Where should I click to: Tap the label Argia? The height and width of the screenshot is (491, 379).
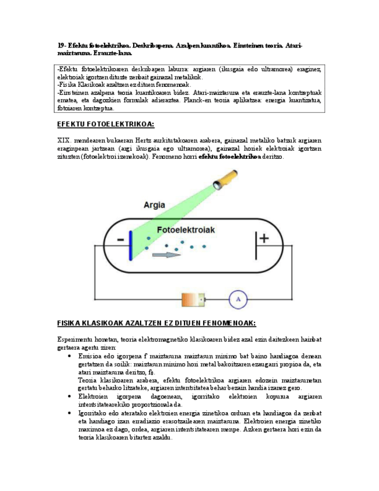(154, 205)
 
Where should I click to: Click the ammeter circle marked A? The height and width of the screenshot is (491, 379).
(236, 299)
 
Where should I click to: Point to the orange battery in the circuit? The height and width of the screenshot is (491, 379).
(193, 299)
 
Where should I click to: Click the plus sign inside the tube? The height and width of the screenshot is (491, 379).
(264, 237)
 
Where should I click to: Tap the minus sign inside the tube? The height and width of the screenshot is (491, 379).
(120, 240)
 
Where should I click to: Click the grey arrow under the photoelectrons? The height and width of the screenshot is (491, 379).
(164, 254)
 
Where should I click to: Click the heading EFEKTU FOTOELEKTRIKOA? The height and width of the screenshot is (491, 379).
(105, 124)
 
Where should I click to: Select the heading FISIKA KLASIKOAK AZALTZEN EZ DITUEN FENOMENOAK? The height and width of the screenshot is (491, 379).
(156, 323)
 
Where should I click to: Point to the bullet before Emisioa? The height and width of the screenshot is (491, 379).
(70, 356)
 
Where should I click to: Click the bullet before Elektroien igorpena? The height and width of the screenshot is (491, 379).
(70, 397)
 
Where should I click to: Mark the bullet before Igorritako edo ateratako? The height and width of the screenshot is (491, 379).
(70, 413)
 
